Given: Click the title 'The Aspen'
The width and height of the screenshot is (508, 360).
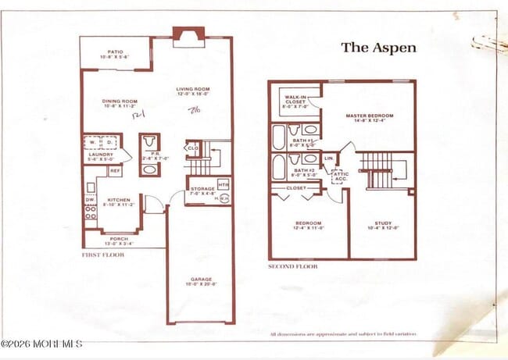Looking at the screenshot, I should (378, 48).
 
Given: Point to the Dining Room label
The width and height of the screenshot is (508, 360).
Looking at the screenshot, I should (120, 103).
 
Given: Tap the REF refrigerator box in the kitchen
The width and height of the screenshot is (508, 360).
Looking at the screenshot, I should (115, 170).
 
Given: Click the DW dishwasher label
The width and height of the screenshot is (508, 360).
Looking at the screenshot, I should (89, 200).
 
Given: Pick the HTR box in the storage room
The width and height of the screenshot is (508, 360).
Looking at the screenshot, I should (224, 184).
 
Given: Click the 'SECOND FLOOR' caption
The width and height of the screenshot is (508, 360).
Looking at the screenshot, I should (292, 266).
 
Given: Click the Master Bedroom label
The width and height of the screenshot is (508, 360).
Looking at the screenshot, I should (369, 117).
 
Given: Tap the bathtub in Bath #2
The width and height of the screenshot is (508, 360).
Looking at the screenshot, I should (279, 166).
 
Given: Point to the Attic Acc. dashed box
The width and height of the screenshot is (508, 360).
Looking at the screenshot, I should (341, 176).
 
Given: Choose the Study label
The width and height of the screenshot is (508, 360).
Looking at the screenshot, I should (383, 225).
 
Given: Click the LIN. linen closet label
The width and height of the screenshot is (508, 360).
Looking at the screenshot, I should (329, 159).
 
